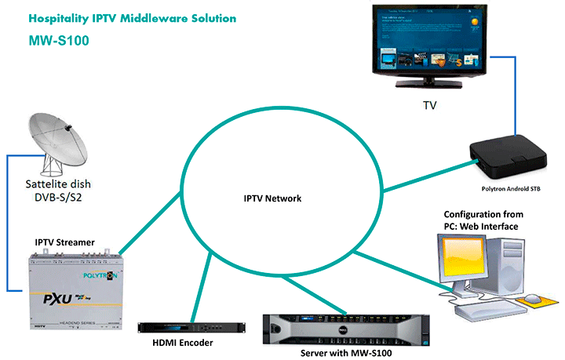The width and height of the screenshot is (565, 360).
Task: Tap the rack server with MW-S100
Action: (x=345, y=329)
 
